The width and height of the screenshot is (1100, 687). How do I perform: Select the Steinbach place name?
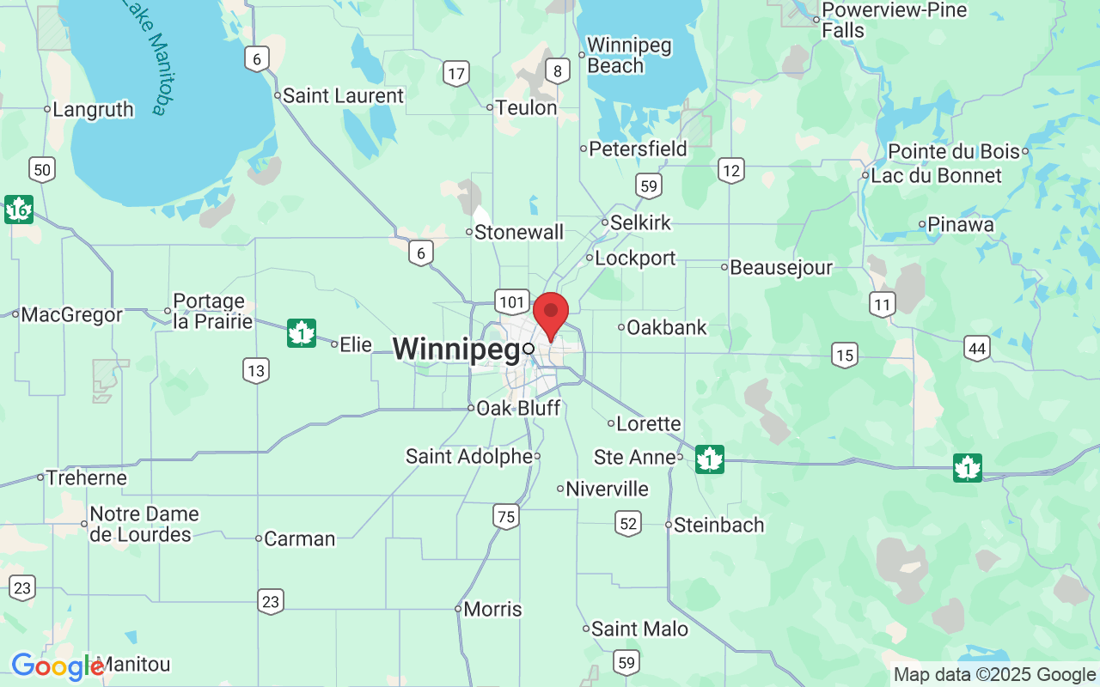click(718, 525)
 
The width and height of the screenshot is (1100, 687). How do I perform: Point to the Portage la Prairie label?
click(212, 312)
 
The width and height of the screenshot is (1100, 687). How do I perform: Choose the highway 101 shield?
click(511, 301)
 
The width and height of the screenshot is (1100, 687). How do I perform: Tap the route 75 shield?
click(506, 516)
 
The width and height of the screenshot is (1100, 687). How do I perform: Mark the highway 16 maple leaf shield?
click(18, 210)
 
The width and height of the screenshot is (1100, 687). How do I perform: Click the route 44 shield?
click(976, 348)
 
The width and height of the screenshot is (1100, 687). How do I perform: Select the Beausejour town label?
click(780, 267)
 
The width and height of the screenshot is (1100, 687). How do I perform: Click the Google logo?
click(57, 666)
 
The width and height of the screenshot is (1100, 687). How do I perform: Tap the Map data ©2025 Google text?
click(994, 675)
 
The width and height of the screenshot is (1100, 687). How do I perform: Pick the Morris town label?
click(492, 609)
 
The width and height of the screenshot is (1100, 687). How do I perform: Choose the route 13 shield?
click(255, 371)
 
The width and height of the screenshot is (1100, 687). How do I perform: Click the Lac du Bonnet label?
click(936, 175)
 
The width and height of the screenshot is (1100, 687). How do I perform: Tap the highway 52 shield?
click(628, 523)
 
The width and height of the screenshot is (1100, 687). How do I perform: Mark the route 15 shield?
click(845, 354)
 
